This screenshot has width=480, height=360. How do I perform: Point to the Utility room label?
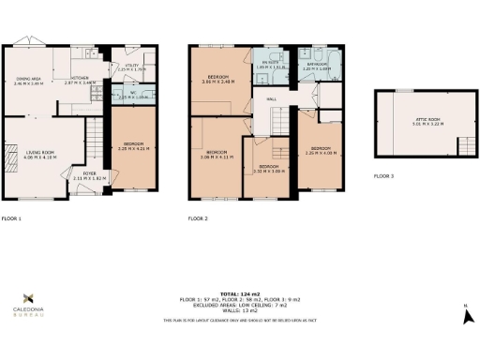[x=125, y=67]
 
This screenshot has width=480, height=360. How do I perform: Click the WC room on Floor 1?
[x=126, y=95]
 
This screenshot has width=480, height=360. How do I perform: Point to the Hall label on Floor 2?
[x=272, y=98]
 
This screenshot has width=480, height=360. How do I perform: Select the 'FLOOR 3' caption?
[x=384, y=176]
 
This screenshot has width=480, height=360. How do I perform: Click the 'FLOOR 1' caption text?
[x=11, y=218]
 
